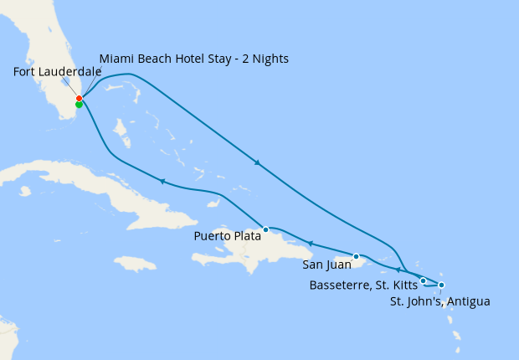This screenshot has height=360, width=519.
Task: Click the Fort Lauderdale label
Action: pyautogui.click(x=58, y=72)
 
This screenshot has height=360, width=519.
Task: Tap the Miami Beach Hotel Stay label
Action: pyautogui.click(x=194, y=59)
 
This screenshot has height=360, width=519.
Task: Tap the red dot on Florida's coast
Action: pyautogui.click(x=79, y=99)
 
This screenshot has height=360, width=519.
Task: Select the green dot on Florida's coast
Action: pyautogui.click(x=79, y=105)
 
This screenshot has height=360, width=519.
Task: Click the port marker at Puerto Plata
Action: pyautogui.click(x=266, y=229)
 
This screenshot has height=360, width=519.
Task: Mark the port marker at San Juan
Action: pyautogui.click(x=357, y=256)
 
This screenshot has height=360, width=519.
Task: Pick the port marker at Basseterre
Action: pyautogui.click(x=424, y=280)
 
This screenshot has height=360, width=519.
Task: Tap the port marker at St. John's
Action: pyautogui.click(x=441, y=285)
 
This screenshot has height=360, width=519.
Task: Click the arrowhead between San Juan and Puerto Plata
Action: pyautogui.click(x=310, y=244)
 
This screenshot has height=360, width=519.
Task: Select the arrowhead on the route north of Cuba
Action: pyautogui.click(x=162, y=181)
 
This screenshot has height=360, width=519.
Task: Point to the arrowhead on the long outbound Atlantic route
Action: pyautogui.click(x=257, y=162)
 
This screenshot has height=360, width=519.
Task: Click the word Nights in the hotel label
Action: pyautogui.click(x=269, y=59)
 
